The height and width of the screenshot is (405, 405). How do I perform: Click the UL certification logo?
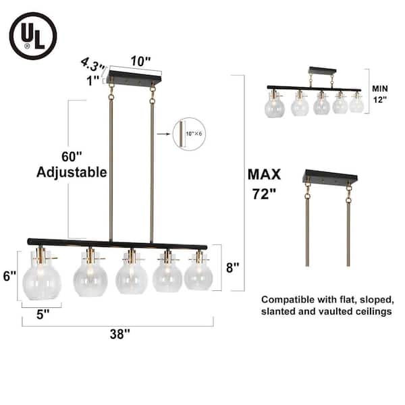pyautogui.click(x=33, y=33)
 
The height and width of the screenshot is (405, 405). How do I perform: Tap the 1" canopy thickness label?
pyautogui.click(x=92, y=80)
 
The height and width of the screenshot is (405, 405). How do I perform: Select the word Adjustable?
pyautogui.click(x=72, y=172)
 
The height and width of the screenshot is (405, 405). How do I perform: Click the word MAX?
pyautogui.click(x=263, y=174)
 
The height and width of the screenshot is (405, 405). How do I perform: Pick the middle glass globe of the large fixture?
pyautogui.click(x=130, y=275)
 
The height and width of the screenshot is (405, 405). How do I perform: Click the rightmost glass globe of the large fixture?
pyautogui.click(x=198, y=273)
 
